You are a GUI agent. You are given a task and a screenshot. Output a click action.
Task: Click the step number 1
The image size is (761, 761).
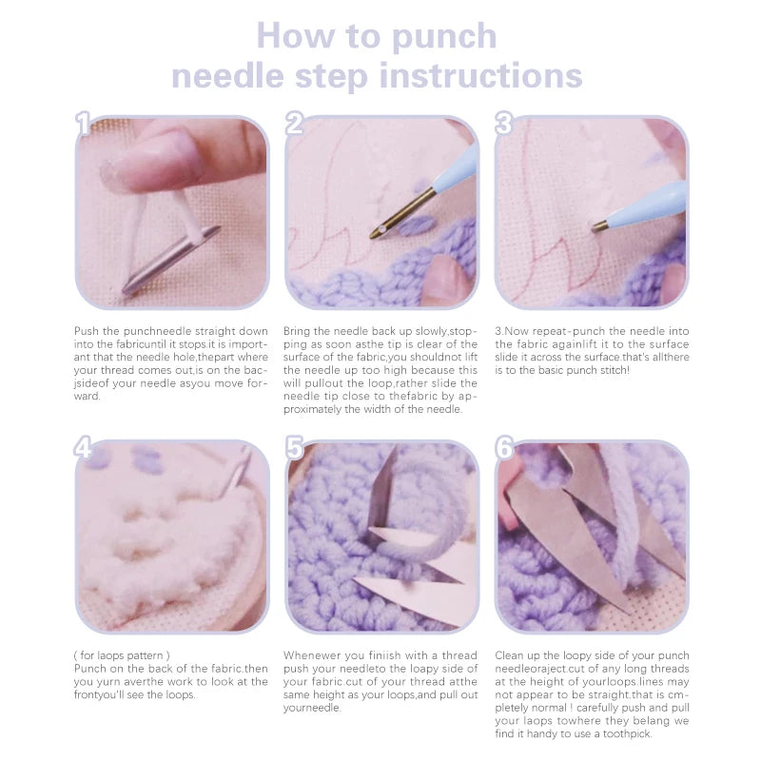[84, 124]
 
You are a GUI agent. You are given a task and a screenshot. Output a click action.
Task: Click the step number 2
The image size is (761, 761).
[295, 124]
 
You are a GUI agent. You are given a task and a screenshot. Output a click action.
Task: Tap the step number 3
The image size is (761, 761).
[504, 124]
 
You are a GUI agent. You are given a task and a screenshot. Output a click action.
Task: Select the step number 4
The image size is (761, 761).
[85, 448]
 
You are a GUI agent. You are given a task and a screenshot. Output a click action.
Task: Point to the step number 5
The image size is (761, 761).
[295, 448]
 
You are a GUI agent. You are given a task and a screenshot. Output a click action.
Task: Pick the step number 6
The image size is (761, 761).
[504, 448]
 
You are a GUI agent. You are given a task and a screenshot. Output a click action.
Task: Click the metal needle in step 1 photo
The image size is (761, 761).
[171, 259]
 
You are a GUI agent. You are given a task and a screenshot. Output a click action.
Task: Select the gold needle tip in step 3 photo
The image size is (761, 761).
[601, 225]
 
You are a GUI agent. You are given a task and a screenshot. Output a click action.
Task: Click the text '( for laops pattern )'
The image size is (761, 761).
[122, 655]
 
